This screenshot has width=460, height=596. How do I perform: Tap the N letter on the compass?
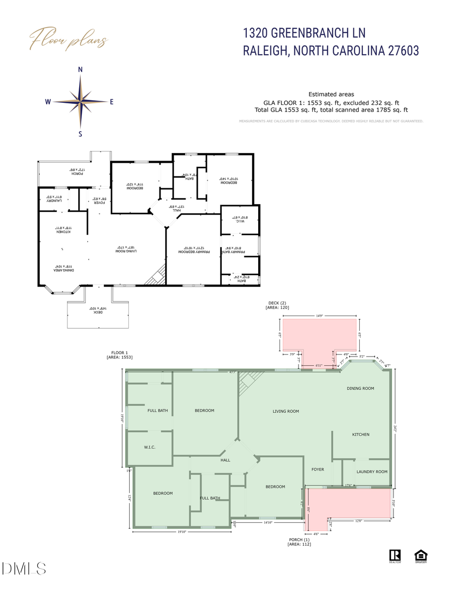click(x=80, y=70)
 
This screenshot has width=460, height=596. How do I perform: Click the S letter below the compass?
click(x=80, y=134)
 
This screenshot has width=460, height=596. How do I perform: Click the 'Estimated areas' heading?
click(x=331, y=94)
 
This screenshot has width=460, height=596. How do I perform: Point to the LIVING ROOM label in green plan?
click(x=285, y=411)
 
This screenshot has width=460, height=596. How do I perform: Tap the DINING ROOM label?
click(x=360, y=388)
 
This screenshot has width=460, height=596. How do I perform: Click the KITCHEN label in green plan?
click(x=360, y=434)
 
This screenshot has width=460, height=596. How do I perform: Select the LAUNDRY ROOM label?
click(x=372, y=472)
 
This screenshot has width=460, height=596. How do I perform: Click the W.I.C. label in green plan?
click(x=149, y=448)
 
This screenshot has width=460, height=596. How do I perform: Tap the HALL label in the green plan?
click(x=225, y=460)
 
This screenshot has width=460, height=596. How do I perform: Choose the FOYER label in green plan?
click(x=318, y=469)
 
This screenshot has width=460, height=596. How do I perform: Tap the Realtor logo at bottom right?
click(x=395, y=556)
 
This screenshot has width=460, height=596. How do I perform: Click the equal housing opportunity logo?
click(x=421, y=556)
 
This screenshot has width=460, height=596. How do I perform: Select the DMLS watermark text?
click(x=24, y=568)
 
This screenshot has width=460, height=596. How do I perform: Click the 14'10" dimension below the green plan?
click(x=269, y=523)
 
